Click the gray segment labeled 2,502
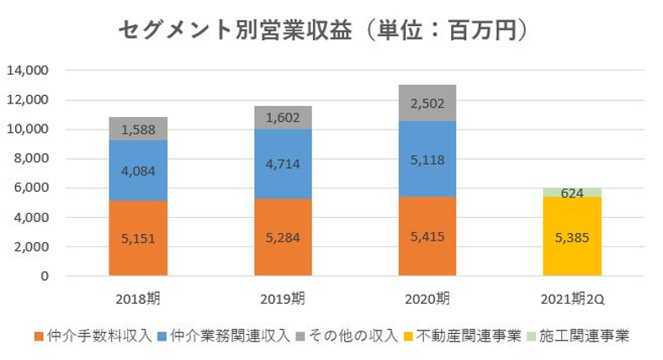click(427, 103)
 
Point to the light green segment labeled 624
click(572, 193)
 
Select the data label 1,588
click(138, 129)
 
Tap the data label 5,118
click(427, 159)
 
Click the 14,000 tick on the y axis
click(29, 71)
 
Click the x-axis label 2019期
click(283, 298)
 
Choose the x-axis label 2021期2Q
click(572, 298)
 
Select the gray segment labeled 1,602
click(283, 119)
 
